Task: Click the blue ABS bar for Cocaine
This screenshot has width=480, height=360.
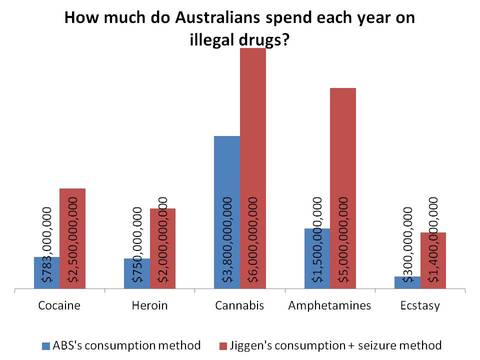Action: click(x=46, y=273)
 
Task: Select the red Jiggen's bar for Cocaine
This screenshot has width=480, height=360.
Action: click(x=72, y=239)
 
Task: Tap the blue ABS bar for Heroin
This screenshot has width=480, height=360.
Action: click(x=137, y=274)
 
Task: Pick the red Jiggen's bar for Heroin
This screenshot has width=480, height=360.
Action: click(x=162, y=249)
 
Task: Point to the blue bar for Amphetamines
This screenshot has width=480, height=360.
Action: click(x=317, y=259)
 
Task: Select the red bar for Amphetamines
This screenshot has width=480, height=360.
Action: click(x=343, y=189)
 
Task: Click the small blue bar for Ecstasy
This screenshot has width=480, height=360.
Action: click(x=407, y=283)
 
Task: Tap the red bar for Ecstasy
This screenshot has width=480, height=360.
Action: click(x=433, y=261)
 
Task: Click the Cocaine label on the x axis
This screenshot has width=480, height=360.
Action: click(x=59, y=305)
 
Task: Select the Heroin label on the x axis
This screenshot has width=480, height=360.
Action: click(x=149, y=305)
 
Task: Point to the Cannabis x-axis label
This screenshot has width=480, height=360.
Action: click(x=240, y=305)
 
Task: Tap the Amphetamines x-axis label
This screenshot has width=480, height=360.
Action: click(x=330, y=305)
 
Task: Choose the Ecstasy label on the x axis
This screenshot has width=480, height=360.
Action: click(x=420, y=305)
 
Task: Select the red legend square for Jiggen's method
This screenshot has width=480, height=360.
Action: click(x=224, y=345)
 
